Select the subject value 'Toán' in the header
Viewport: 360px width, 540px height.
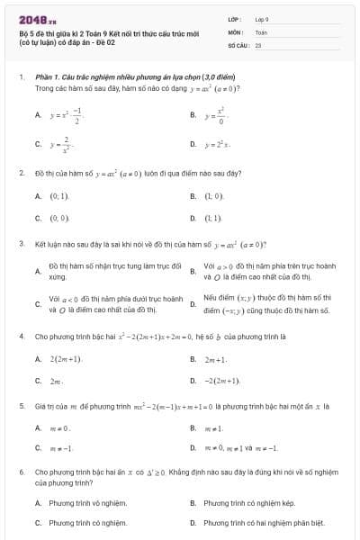[x=261, y=31]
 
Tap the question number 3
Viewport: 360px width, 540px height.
[x=21, y=244]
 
